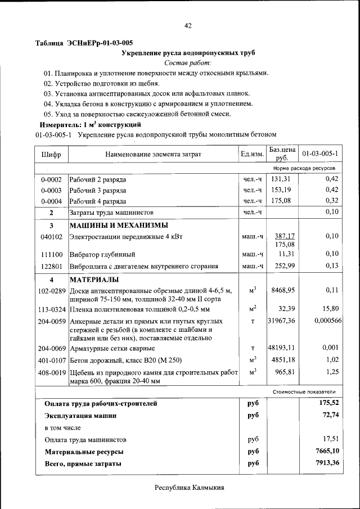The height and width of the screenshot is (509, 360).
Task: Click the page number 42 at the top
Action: [x=188, y=25]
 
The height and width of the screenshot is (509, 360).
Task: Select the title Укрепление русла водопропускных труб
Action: [x=188, y=53]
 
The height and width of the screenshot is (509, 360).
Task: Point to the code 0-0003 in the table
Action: [x=51, y=190]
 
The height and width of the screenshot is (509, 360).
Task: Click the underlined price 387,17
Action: [x=285, y=236]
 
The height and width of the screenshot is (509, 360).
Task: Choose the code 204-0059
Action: [x=52, y=321]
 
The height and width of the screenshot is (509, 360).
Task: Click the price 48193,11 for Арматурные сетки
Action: [x=282, y=349]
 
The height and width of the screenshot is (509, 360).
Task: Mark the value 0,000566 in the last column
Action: [x=326, y=320]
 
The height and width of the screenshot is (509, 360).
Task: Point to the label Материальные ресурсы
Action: [x=84, y=452]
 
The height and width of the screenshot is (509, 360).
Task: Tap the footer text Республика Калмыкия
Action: [x=190, y=488]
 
